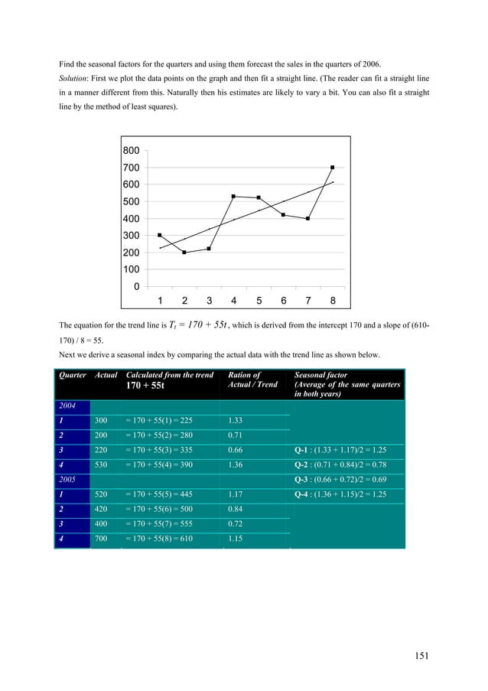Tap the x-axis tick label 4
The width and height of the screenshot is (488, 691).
click(x=233, y=300)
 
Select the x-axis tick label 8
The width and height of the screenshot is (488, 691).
click(x=333, y=300)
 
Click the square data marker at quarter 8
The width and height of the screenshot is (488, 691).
click(x=333, y=168)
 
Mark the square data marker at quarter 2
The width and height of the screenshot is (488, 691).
click(x=184, y=253)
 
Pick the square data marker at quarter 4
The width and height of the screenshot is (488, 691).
click(x=233, y=197)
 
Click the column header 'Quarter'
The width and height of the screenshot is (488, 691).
click(x=73, y=375)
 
